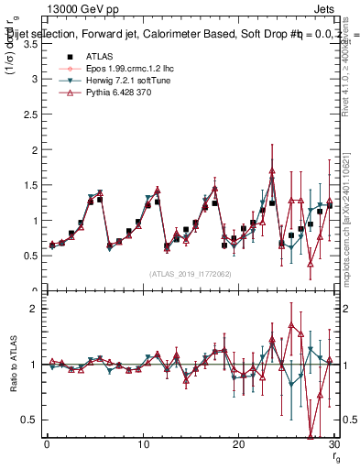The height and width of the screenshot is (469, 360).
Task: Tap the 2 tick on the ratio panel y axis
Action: [38, 310]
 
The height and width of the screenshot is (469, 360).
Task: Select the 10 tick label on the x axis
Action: [143, 445]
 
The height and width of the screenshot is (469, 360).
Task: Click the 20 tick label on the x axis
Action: [238, 445]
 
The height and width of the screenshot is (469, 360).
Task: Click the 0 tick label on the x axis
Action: [47, 445]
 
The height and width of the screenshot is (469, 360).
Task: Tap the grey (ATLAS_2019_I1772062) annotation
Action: [191, 274]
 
